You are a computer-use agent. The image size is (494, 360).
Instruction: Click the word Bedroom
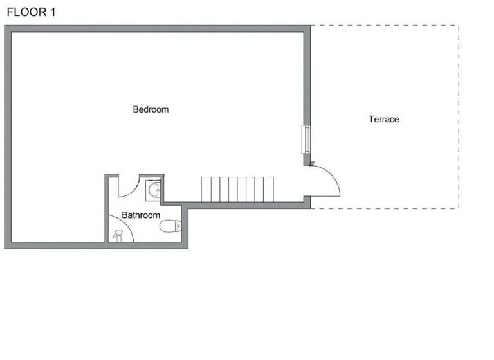[x=151, y=109]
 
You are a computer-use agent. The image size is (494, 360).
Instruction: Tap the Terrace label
[x=383, y=119]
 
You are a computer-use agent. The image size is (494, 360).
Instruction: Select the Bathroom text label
[x=141, y=215]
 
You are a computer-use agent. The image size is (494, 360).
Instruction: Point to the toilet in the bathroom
[x=170, y=226]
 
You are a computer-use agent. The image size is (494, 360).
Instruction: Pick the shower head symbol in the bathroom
[x=117, y=235]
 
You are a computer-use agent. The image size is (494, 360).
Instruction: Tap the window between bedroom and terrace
[x=306, y=139]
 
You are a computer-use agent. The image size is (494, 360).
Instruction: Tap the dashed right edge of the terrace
[x=459, y=116]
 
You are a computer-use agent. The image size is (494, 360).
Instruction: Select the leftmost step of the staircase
[x=206, y=189]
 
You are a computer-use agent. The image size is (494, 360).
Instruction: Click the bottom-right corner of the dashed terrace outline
[x=459, y=208]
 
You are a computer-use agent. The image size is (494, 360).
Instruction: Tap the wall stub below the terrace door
[x=307, y=202]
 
